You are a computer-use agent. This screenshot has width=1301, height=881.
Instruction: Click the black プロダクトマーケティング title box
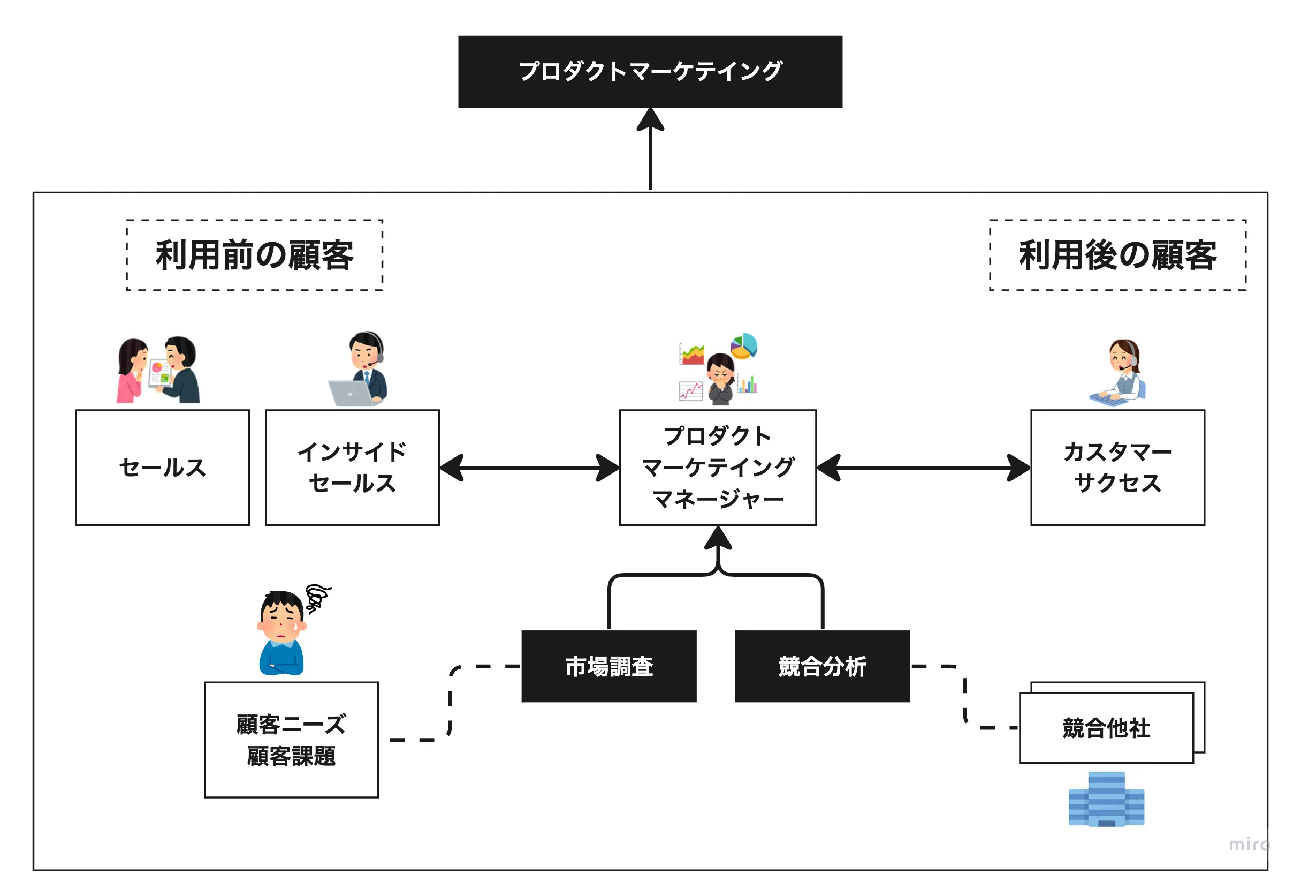coord(650,72)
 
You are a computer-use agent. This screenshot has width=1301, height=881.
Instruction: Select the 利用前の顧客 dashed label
coord(254,255)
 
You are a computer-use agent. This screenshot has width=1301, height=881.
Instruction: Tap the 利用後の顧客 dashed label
coord(1117,255)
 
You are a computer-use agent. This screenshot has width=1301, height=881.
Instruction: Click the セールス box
coord(162,468)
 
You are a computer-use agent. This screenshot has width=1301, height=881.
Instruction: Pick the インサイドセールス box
coord(352,468)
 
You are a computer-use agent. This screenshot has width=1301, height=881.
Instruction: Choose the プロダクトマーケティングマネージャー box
coord(718,468)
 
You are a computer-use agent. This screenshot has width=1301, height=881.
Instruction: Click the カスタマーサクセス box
coord(1117,468)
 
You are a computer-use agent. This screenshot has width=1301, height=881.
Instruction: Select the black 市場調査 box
coord(608,666)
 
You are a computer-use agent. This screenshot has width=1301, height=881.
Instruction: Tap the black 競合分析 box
coord(822,666)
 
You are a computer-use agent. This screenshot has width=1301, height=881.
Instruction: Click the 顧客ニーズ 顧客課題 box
coord(291,740)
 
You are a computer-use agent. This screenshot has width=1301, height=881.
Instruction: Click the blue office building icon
coord(1106,799)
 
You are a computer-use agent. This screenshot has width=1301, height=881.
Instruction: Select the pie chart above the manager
coord(743,345)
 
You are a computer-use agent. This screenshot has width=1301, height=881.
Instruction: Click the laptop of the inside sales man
coord(351,393)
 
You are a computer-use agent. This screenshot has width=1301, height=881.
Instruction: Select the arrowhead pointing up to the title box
coord(650,119)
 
